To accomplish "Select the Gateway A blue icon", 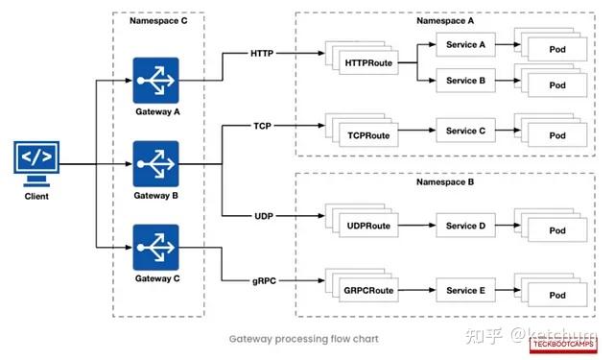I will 156,80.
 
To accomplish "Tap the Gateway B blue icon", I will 156,163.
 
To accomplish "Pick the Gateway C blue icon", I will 156,247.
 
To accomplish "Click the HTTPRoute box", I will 367,63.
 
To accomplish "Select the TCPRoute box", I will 367,135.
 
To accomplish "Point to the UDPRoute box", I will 367,226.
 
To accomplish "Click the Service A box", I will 466,44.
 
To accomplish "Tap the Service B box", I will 466,81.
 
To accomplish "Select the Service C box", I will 466,131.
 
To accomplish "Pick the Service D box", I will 466,226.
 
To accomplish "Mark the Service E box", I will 466,288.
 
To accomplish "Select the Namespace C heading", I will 157,20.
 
